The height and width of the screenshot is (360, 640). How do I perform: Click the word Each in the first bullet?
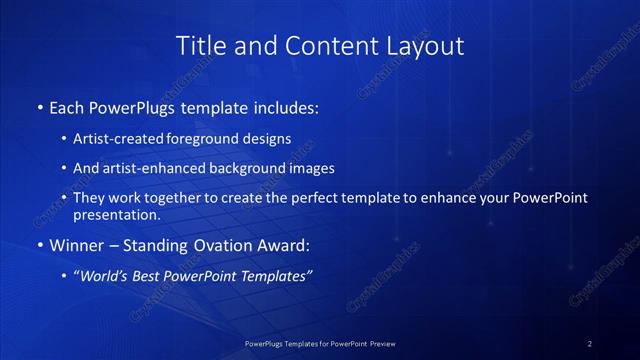(x=68, y=105)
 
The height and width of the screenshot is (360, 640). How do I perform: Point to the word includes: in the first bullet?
(x=282, y=105)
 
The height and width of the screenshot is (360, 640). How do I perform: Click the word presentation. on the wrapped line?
(x=117, y=214)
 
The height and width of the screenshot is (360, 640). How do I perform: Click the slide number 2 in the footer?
(x=590, y=344)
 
